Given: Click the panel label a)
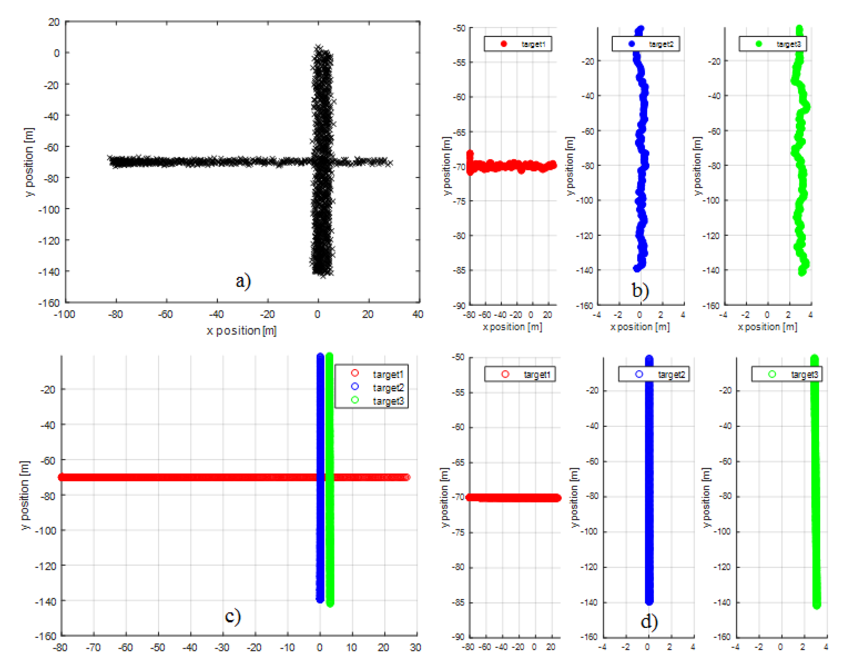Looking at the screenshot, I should (x=243, y=281).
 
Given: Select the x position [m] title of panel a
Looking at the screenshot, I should (x=241, y=331).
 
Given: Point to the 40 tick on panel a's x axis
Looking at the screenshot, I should (x=418, y=314).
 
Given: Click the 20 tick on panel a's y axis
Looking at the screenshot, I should (x=54, y=22).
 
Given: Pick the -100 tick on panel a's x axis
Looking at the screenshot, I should (x=64, y=314).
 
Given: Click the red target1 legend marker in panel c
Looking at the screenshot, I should (x=355, y=373).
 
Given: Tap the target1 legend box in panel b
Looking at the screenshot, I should (x=518, y=44).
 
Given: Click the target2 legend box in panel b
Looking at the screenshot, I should (x=645, y=44).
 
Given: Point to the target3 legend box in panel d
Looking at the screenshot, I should (x=787, y=374).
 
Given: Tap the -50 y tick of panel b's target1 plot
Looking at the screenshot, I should (x=459, y=28).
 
